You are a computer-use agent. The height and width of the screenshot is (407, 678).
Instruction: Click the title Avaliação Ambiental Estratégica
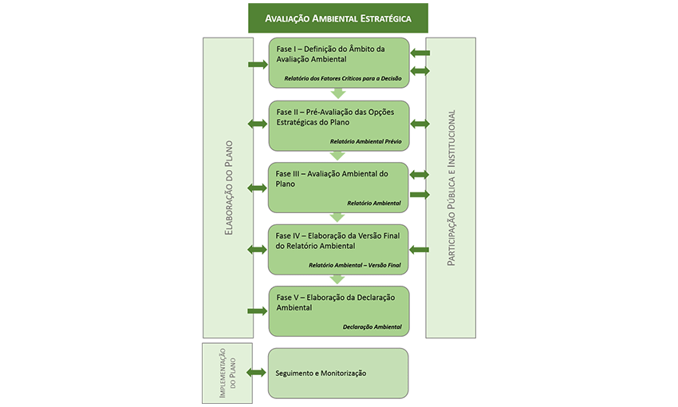tap(338, 18)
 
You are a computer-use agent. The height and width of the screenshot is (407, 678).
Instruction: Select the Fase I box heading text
tap(330, 55)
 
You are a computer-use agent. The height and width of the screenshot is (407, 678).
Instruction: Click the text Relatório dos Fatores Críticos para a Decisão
tap(342, 79)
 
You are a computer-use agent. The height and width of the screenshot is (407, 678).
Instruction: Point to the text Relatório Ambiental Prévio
tap(365, 141)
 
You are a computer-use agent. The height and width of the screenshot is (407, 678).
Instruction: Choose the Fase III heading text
tap(331, 178)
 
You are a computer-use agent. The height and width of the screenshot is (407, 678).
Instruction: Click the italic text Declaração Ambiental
tap(372, 326)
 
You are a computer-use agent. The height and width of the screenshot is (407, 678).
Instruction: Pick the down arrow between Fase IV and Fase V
tap(338, 279)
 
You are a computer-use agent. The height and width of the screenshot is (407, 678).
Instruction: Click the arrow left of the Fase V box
tap(258, 311)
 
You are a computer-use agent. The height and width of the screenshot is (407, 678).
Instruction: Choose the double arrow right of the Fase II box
tap(420, 124)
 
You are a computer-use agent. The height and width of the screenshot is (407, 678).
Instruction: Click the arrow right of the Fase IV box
tap(420, 250)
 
